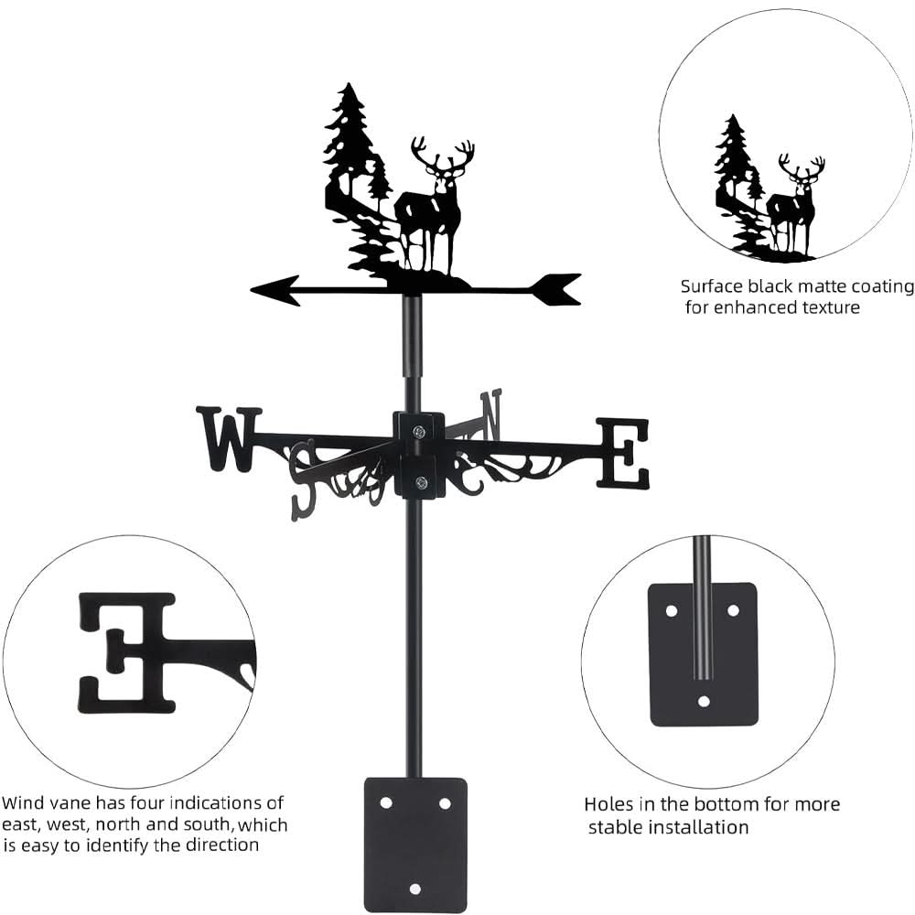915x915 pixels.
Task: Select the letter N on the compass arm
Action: (x=491, y=413)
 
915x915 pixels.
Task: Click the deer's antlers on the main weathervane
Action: (x=443, y=154)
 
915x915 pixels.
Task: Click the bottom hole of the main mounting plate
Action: (x=415, y=888)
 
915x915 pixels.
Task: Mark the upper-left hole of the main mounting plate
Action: (x=385, y=802)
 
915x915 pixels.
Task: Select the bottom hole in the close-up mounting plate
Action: (x=703, y=701)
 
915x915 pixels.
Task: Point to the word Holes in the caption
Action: (x=608, y=805)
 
